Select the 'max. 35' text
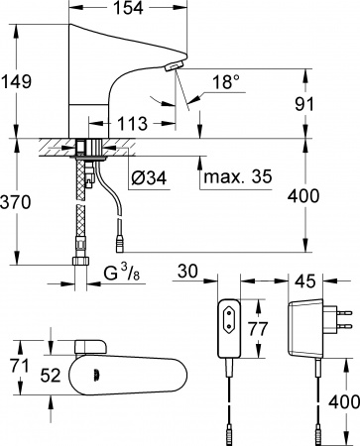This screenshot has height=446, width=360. pos(235,178)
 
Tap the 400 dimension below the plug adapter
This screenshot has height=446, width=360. pos(336,401)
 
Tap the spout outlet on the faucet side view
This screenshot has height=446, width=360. pos(171,66)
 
